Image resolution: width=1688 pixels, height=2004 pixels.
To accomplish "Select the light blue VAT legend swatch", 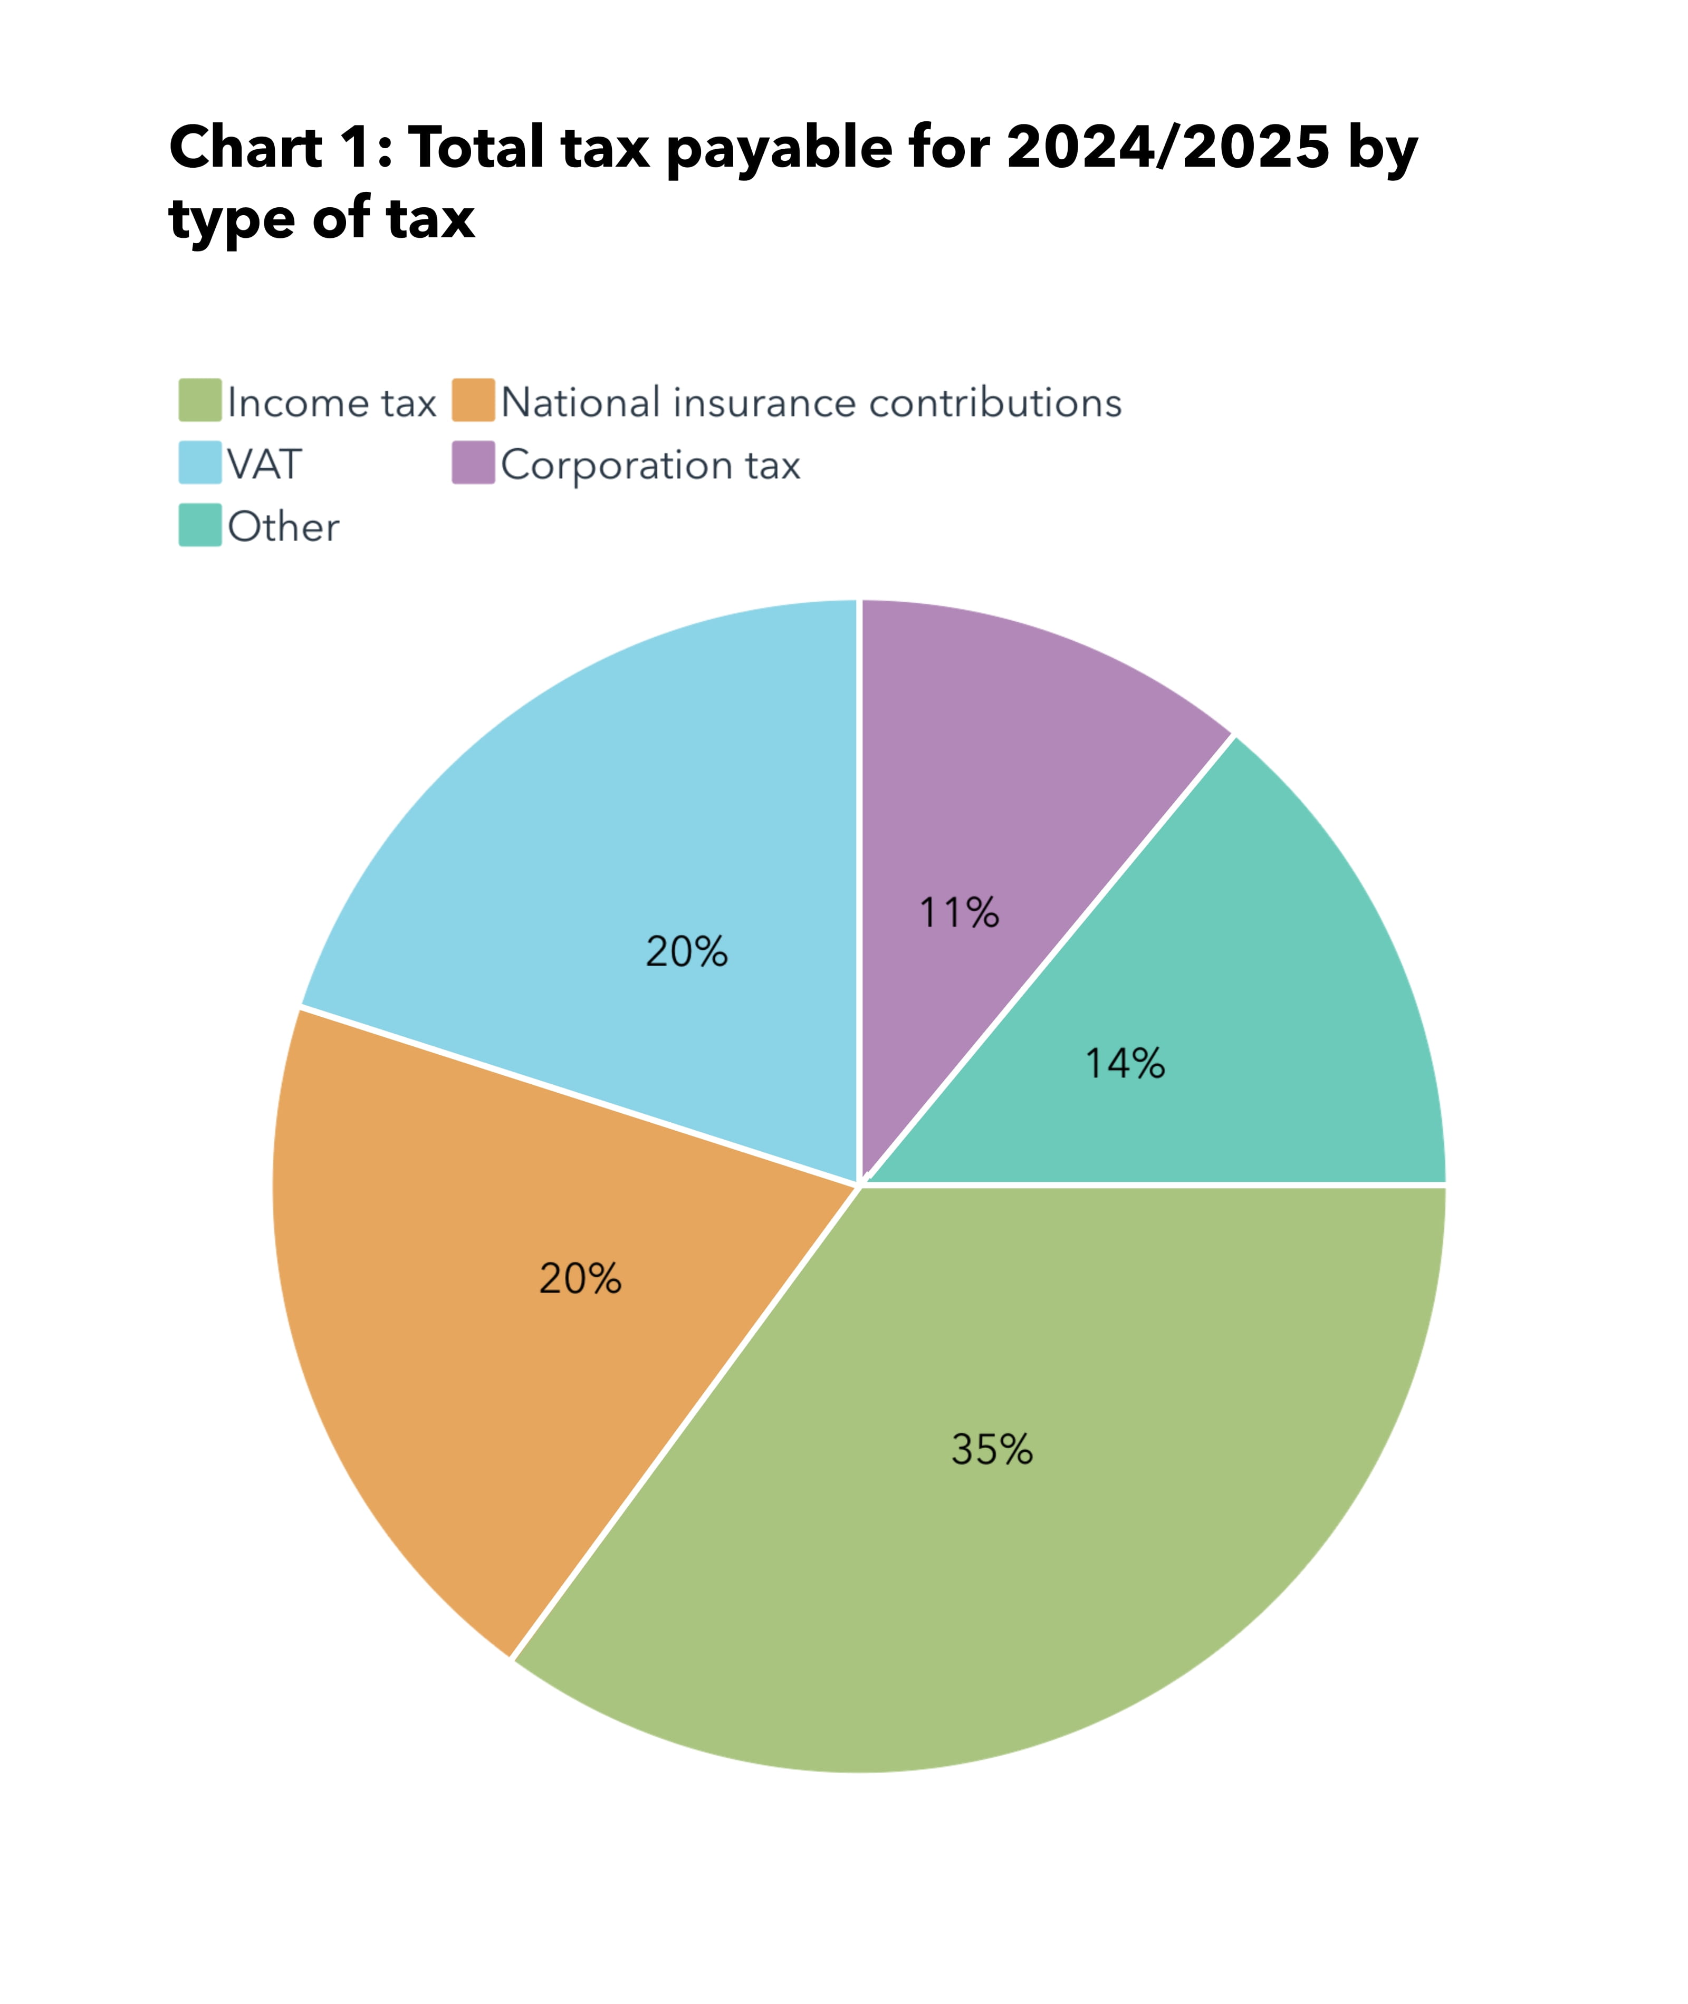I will (200, 463).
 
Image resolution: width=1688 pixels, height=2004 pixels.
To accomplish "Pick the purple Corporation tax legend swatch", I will (474, 463).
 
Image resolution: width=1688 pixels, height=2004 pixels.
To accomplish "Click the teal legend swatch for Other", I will (200, 525).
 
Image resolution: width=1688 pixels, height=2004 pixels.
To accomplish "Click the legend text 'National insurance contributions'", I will (811, 403).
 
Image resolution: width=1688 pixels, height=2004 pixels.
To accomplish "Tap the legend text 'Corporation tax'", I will (651, 465).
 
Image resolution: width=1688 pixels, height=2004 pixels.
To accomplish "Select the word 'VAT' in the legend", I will (264, 465).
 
